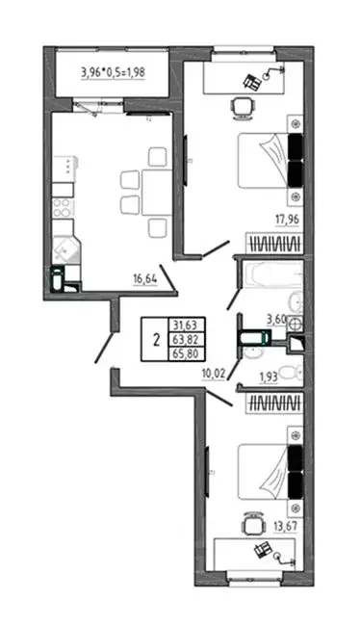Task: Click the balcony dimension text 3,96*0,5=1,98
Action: tap(113, 73)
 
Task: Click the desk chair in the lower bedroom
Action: tap(251, 526)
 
